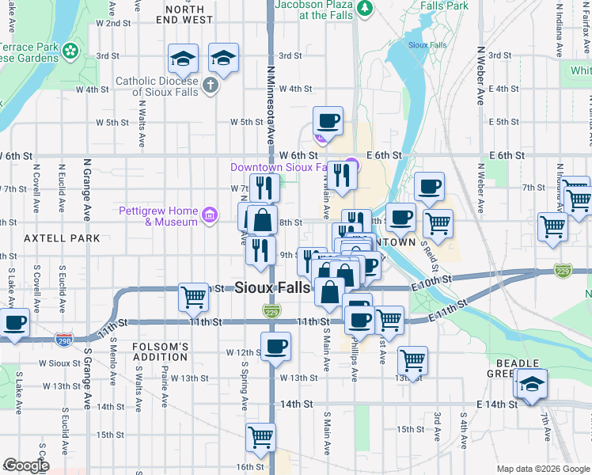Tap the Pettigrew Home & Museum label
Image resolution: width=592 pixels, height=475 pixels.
click(x=158, y=216)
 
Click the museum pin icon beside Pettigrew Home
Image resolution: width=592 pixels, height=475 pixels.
click(x=209, y=215)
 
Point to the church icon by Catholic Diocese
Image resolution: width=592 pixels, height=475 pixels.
click(x=210, y=85)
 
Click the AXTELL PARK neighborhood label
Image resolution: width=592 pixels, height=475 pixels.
click(x=62, y=237)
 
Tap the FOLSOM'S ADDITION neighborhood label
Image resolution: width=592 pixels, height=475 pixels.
click(x=160, y=351)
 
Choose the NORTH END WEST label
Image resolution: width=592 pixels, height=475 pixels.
click(x=190, y=13)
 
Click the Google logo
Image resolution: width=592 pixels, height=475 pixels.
click(x=26, y=465)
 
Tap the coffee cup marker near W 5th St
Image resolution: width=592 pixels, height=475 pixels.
click(x=328, y=122)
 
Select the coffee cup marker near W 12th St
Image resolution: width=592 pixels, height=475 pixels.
click(x=275, y=347)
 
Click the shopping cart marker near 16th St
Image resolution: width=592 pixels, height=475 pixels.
click(x=260, y=436)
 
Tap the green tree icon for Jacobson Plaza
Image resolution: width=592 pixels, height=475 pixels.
click(x=365, y=8)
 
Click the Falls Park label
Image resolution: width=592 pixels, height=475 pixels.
click(x=444, y=5)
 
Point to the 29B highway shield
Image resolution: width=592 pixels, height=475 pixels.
click(x=64, y=340)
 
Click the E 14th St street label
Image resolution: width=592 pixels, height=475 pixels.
click(x=496, y=404)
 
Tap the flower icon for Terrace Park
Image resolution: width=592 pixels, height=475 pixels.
click(x=70, y=51)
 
